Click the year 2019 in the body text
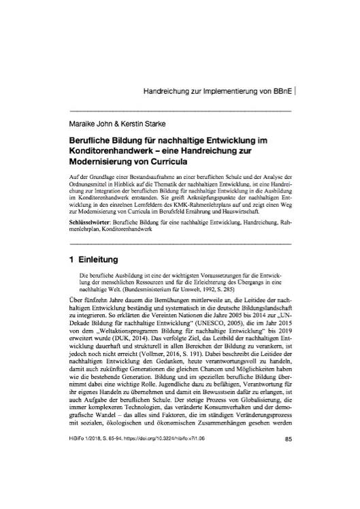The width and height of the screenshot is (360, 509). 281,337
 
